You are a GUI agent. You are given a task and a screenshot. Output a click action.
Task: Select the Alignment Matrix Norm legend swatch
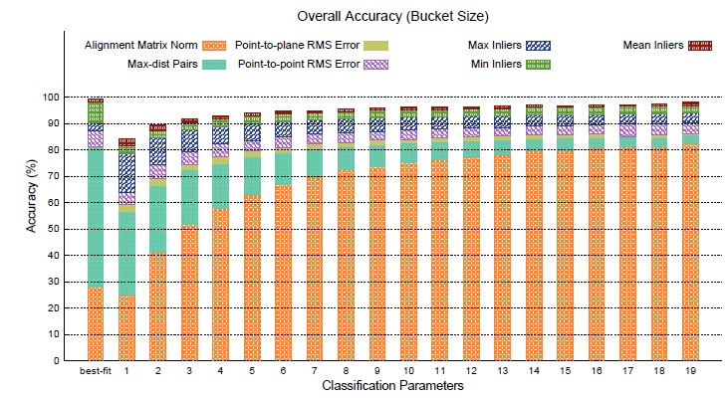point(214,46)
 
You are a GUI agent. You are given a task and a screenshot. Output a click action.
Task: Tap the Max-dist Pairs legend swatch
point(214,65)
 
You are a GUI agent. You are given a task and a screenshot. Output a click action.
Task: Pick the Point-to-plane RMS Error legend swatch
point(373,46)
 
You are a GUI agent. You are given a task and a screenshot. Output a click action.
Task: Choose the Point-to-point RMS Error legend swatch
point(373,65)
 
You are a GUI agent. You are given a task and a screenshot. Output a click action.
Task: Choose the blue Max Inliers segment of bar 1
point(126,174)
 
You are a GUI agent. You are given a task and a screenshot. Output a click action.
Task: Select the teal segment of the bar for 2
point(157,219)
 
